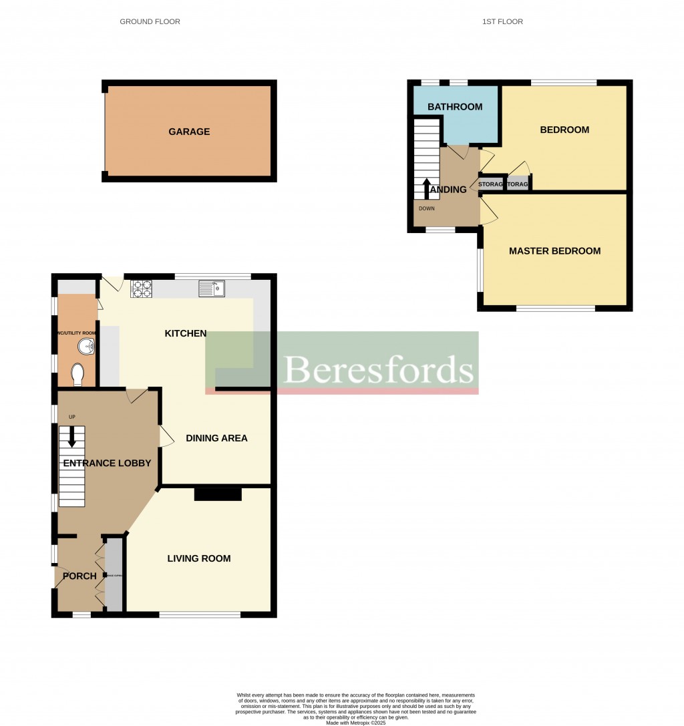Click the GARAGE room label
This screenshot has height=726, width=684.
(189, 132)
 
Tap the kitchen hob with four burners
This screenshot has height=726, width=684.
(142, 289)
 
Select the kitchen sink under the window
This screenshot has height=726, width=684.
(212, 289)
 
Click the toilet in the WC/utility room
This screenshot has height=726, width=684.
(77, 374)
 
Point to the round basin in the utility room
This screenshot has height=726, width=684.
(85, 347)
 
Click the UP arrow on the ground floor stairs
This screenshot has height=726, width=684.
(72, 435)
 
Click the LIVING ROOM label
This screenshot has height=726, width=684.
(199, 558)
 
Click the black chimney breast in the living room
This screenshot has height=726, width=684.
(218, 494)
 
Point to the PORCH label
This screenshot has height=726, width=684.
(79, 576)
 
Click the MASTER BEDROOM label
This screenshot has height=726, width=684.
(554, 251)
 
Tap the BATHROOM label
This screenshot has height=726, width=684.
(455, 107)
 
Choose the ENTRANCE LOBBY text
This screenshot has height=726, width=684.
(107, 463)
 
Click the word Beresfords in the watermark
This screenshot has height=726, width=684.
(379, 369)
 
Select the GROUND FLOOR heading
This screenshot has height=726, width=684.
(150, 21)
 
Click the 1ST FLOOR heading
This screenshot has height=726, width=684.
(502, 21)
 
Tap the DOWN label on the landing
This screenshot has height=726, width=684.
(426, 208)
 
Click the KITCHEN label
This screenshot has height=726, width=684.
(186, 333)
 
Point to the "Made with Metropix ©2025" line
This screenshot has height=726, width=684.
(356, 723)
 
